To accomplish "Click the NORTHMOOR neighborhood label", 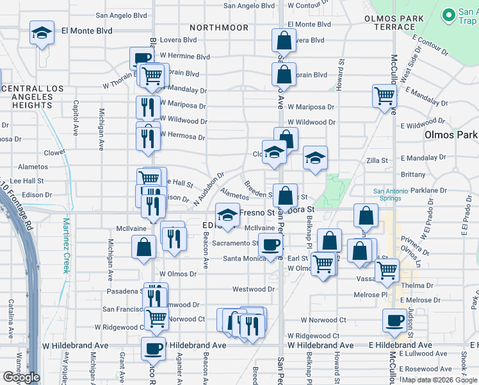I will point(219,28).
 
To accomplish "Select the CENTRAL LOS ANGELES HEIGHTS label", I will point(26,96).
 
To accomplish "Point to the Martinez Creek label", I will point(66,246).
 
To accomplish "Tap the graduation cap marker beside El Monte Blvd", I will point(42,33).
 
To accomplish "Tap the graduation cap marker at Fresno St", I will point(227,214).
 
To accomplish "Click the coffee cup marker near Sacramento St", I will point(270,244).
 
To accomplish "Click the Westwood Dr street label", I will point(253,289).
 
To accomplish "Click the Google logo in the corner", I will point(21,377).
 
